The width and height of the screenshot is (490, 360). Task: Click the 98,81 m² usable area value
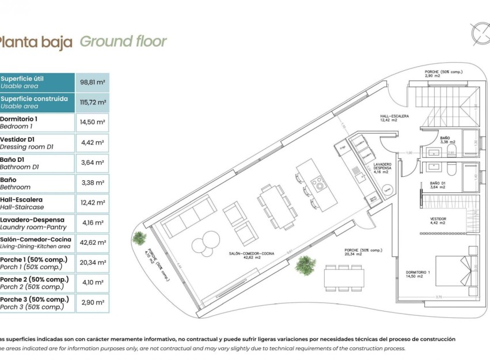click(92, 82)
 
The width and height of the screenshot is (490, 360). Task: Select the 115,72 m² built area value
click(92, 103)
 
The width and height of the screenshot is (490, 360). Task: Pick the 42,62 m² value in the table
click(92, 242)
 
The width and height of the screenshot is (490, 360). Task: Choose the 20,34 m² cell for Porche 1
click(92, 263)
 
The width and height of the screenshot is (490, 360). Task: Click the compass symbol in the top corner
click(480, 33)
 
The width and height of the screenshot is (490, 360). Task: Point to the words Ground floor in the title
click(123, 41)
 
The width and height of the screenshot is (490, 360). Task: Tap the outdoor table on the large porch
click(343, 278)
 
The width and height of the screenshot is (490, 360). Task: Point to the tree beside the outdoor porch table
click(305, 265)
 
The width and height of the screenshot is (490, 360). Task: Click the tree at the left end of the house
click(139, 237)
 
